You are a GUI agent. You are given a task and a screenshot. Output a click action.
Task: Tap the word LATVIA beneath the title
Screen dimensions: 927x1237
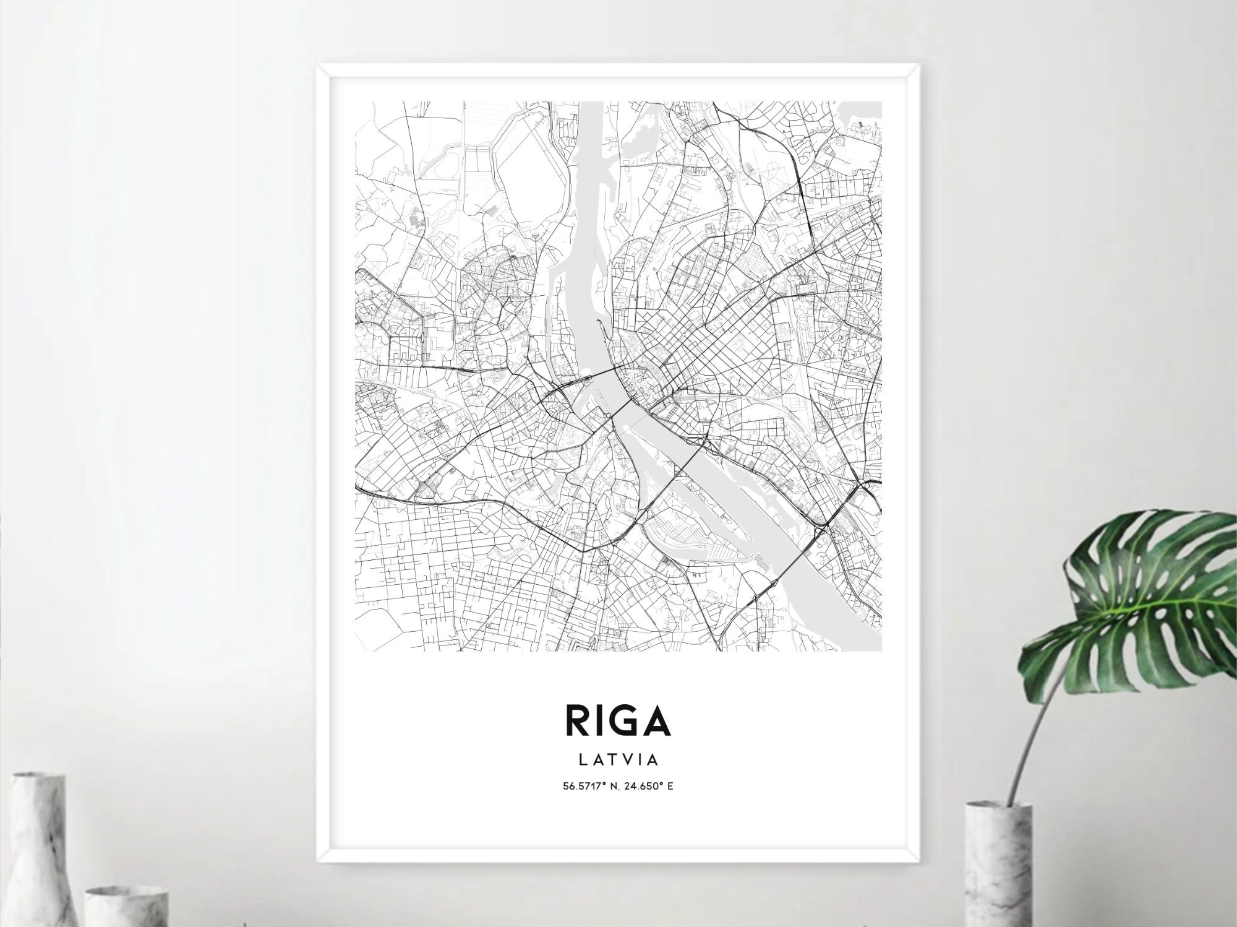point(617,759)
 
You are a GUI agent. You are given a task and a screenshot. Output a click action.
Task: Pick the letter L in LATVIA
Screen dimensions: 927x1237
point(583,759)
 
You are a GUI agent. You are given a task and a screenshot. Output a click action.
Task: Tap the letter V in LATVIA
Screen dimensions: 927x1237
point(626,759)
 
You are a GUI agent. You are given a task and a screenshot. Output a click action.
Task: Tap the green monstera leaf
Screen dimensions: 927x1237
point(1150,588)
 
